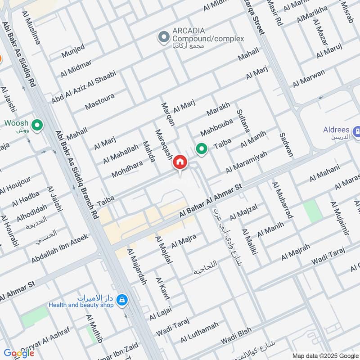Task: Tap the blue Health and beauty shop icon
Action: tap(122, 299)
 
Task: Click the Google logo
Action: tap(18, 353)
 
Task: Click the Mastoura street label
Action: tap(99, 102)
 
